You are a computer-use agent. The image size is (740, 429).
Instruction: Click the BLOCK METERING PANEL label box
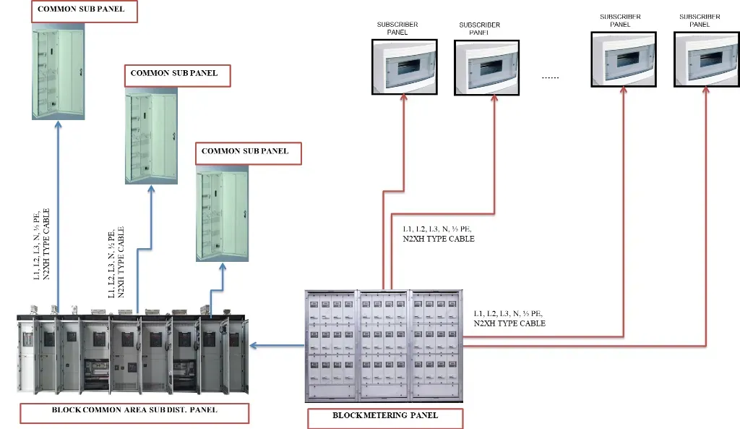coord(385,418)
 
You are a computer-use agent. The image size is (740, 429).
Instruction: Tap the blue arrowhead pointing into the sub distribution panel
coord(254,347)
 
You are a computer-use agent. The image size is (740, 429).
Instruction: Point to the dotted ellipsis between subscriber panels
coord(551,76)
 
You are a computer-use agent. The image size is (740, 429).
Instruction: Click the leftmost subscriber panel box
coord(403,67)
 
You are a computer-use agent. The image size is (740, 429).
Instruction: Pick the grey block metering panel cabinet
coord(383,345)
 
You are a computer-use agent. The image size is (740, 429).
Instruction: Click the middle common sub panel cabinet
coord(151,137)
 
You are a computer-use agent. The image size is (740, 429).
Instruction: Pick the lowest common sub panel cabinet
coord(223,215)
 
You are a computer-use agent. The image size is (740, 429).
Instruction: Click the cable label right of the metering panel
coord(509,318)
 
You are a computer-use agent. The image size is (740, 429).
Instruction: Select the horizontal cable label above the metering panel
coord(439,234)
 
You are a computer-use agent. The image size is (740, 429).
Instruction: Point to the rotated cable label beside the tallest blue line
coord(42,245)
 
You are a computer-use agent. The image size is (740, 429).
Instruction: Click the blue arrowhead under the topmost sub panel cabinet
coord(58,125)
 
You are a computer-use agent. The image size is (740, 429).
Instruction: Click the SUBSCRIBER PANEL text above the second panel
coord(480,28)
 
